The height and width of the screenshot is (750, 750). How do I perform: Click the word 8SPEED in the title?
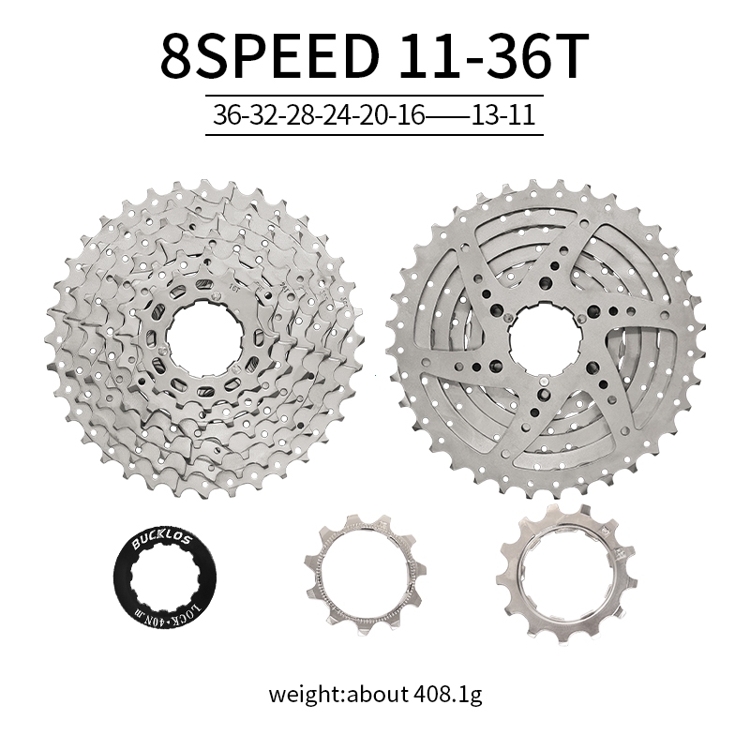(x=269, y=56)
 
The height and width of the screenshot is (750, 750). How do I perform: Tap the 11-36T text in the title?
(x=493, y=56)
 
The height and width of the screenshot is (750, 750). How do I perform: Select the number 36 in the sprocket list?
(x=228, y=115)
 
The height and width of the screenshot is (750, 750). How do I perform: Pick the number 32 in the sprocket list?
(x=264, y=115)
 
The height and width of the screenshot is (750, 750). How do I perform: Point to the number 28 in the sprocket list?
(x=301, y=115)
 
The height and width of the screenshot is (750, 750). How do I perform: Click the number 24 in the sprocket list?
(x=338, y=115)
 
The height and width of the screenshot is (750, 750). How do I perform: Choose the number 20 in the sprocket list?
(x=375, y=115)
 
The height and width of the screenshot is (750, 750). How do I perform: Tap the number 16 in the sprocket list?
(x=411, y=115)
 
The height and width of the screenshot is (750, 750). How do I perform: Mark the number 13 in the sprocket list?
(x=486, y=115)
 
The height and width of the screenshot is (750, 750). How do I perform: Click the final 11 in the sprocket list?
(x=521, y=115)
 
